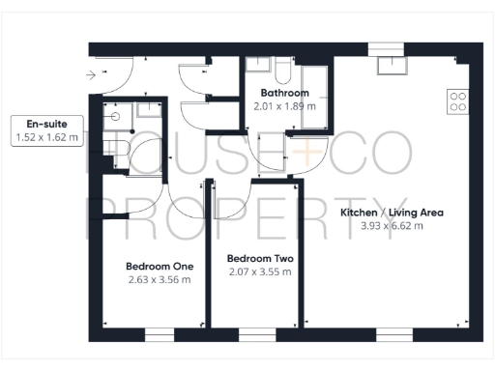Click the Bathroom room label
(x=284, y=94)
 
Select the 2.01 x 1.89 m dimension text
(x=284, y=107)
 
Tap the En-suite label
(x=46, y=125)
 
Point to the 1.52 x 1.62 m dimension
(x=46, y=138)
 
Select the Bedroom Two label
(x=259, y=259)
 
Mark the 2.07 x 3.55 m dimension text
(x=259, y=272)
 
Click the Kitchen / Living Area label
(x=392, y=212)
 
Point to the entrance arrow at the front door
(x=91, y=72)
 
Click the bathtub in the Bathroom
(x=314, y=87)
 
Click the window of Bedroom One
(x=160, y=335)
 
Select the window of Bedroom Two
(x=255, y=335)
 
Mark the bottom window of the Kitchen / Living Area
(x=394, y=335)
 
